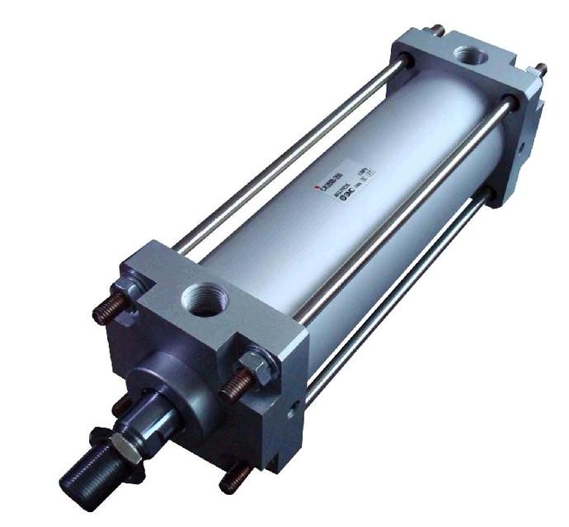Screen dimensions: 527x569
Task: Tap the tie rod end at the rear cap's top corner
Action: [x=437, y=31]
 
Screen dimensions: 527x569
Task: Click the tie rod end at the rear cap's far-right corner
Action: [x=541, y=69]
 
